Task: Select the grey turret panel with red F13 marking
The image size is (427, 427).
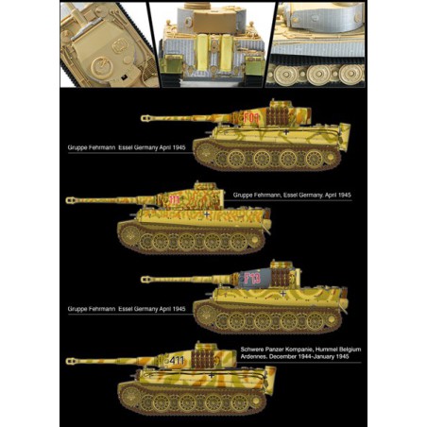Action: [255, 280]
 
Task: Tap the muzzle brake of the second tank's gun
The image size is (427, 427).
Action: [73, 199]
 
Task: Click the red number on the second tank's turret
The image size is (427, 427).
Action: [176, 200]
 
